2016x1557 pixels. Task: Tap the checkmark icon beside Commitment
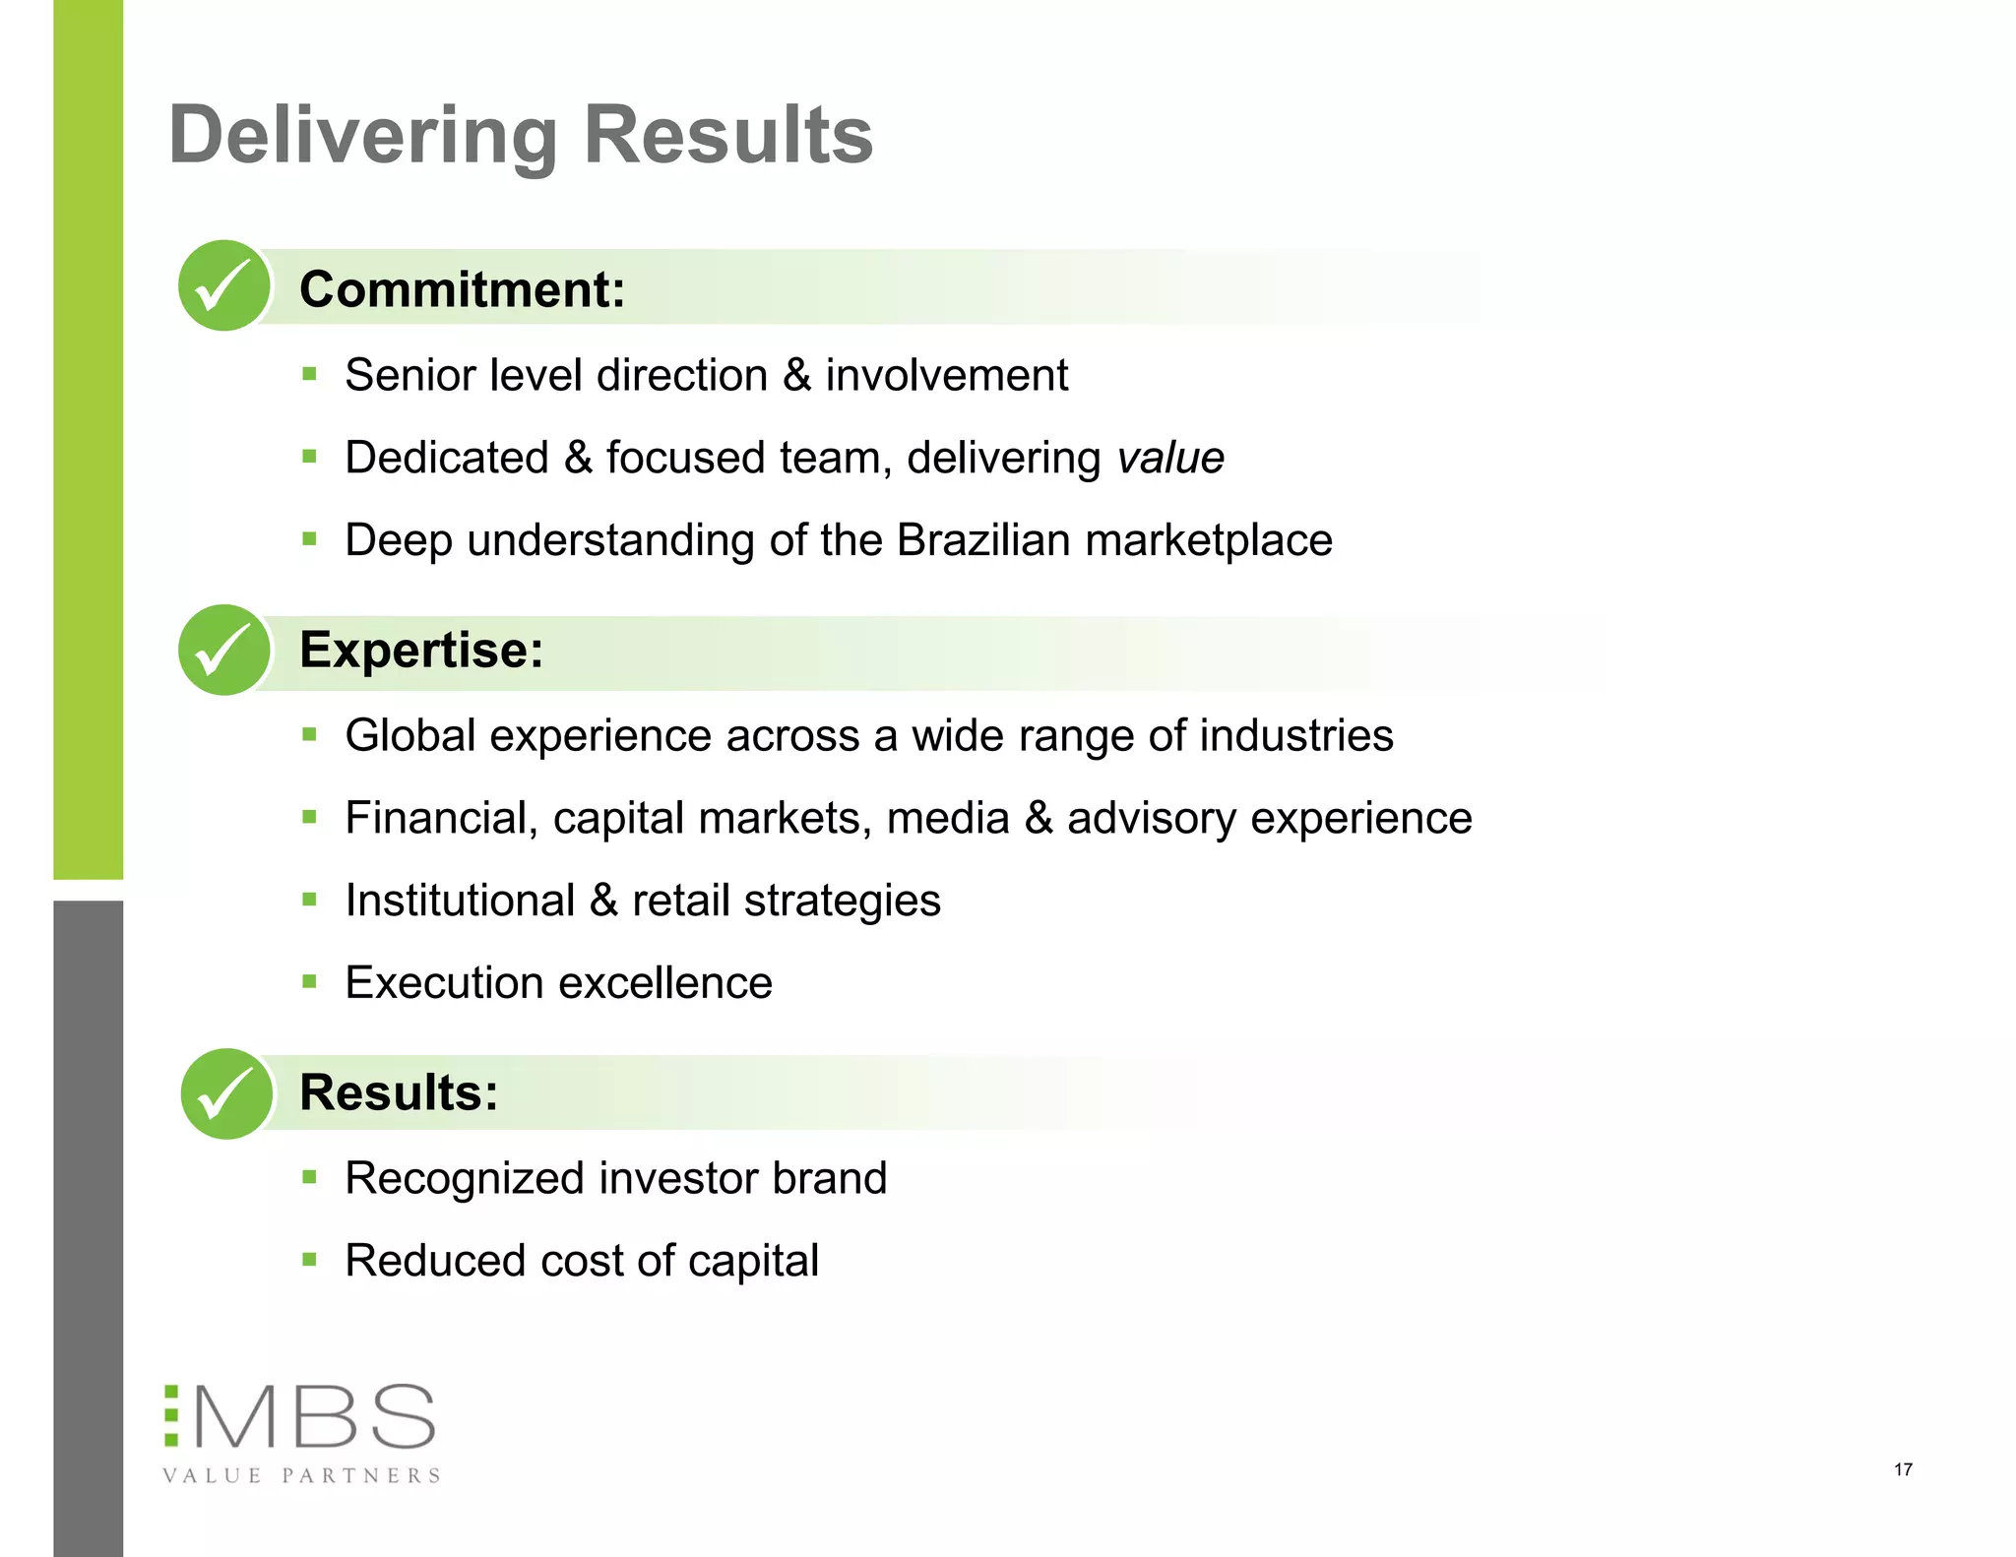click(224, 285)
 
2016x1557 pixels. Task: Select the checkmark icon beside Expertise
click(224, 650)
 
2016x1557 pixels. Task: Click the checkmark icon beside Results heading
click(226, 1093)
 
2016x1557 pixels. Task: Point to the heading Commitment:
click(462, 289)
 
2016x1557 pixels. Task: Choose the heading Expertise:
click(421, 650)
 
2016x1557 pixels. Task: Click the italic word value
click(1170, 458)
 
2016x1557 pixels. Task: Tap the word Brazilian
click(983, 540)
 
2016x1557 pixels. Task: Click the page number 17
click(1903, 1469)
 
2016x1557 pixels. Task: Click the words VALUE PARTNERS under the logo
click(301, 1475)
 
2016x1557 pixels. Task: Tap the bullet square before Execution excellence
click(310, 981)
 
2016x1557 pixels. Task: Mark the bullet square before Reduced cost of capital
click(310, 1259)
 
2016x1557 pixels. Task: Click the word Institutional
click(460, 901)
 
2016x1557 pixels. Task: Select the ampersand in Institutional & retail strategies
click(603, 901)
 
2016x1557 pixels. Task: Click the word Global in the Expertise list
click(410, 735)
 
